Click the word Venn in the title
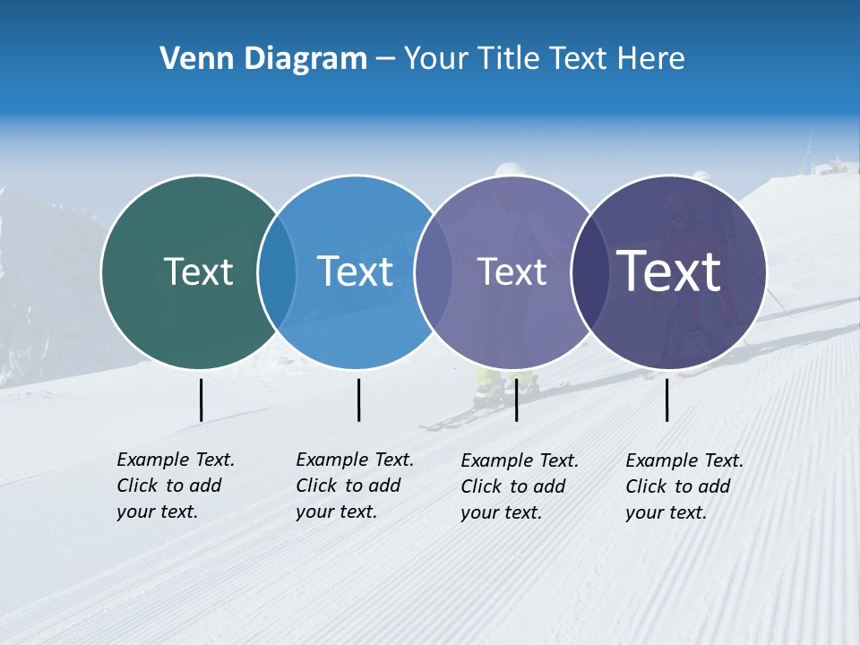189,59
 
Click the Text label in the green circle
198,271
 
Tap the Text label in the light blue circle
355,271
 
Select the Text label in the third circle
512,271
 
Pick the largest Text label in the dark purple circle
669,271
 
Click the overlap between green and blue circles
277,271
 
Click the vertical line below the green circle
201,400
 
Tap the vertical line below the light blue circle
358,400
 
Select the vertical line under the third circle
516,400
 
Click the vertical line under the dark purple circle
666,400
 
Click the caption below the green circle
176,486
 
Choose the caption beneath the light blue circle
355,486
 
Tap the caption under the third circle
520,486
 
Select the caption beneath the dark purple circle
684,486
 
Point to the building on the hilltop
834,167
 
